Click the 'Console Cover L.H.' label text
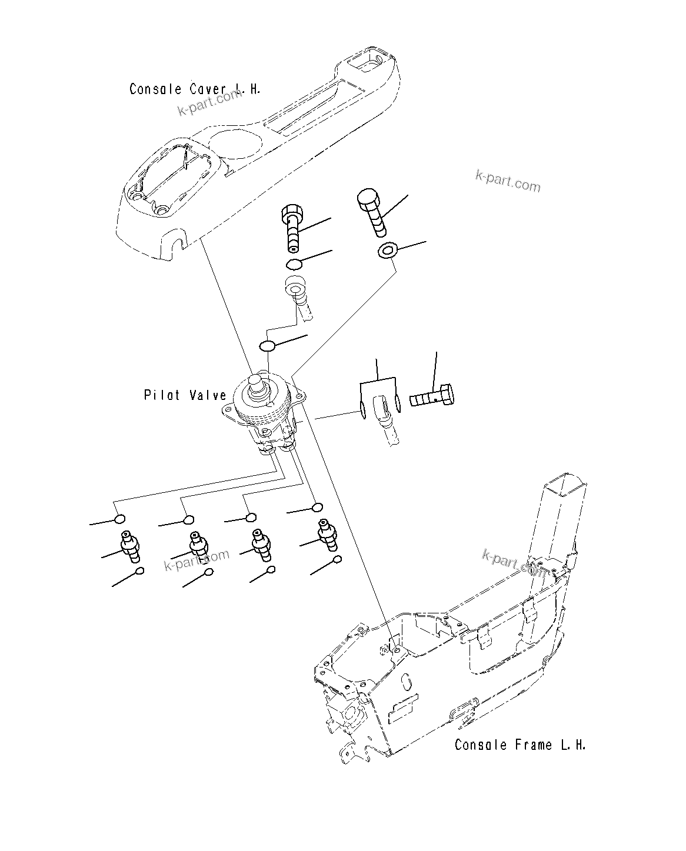[195, 89]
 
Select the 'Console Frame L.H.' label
[520, 745]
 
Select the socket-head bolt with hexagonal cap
[294, 226]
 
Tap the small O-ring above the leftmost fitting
[119, 519]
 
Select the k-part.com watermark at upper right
[507, 181]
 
